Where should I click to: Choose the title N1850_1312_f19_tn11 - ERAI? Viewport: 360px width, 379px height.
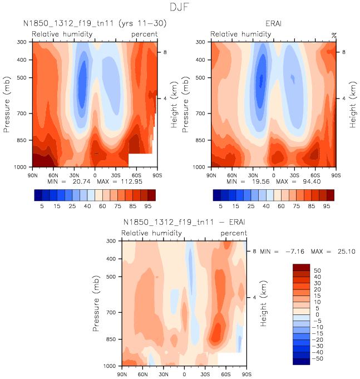coord(184,222)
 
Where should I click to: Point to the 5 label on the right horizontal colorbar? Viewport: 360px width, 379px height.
coord(220,205)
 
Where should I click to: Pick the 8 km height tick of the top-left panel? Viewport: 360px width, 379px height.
coord(163,52)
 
